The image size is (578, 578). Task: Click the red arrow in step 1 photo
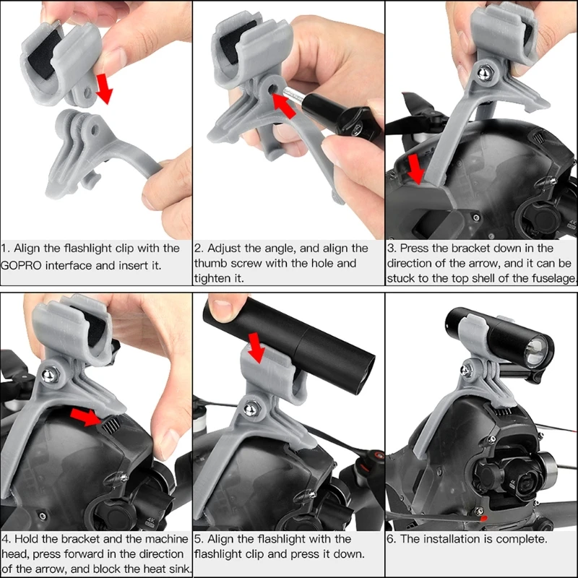coord(104,88)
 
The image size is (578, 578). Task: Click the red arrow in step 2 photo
coord(284,105)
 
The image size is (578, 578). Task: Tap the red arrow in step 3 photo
coord(416,169)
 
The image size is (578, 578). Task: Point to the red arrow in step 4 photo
coord(85,417)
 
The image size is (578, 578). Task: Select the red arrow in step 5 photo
coord(256,348)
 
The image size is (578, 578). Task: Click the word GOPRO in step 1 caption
coord(21,265)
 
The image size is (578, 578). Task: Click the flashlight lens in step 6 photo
coord(535,353)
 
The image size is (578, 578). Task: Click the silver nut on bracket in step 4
coord(50,375)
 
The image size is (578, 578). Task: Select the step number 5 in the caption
coord(198,539)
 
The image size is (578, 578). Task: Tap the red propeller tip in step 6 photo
coord(483,519)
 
